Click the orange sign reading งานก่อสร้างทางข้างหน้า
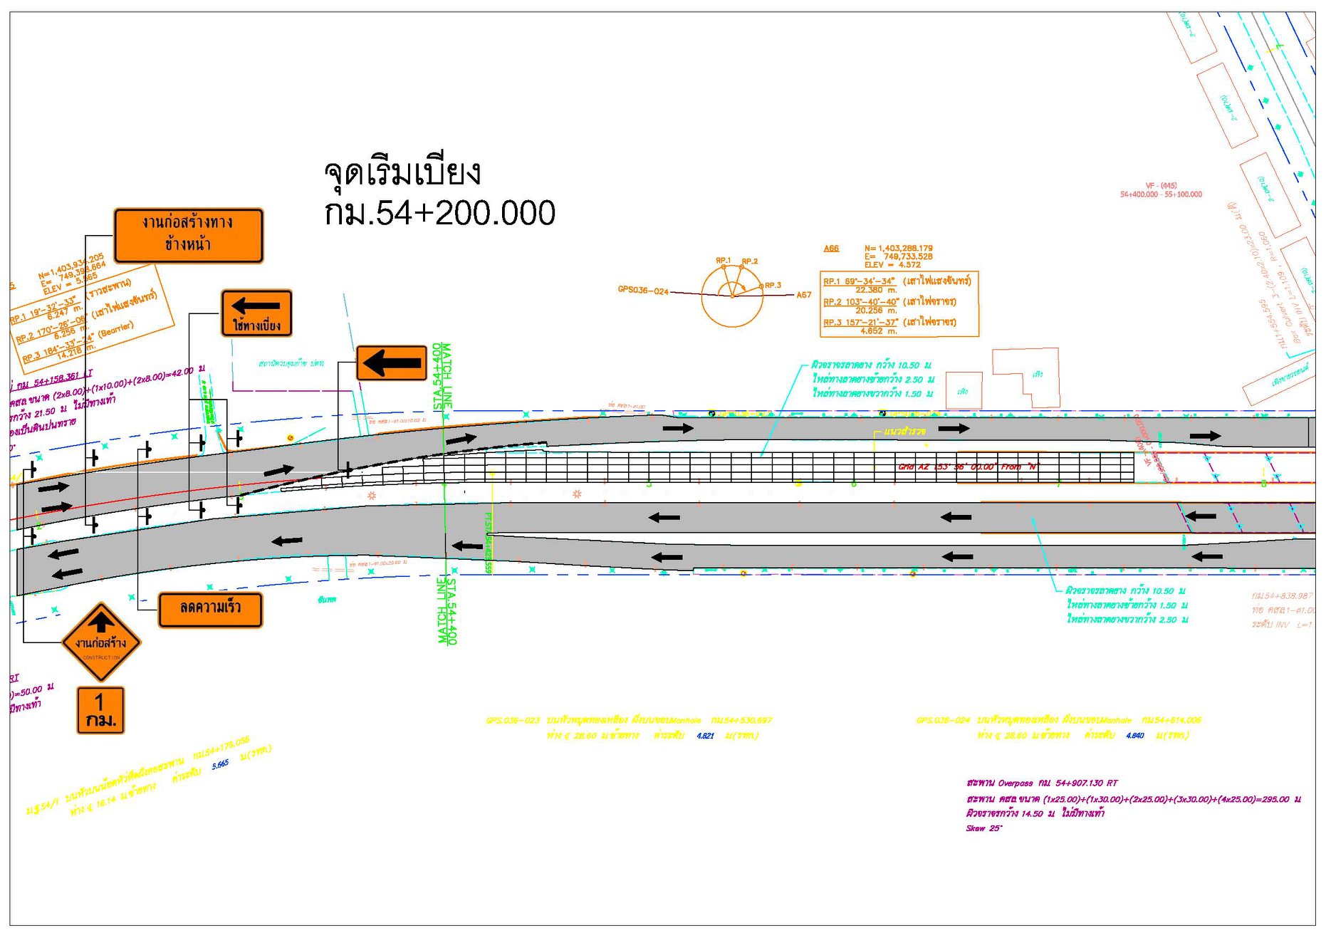coord(188,235)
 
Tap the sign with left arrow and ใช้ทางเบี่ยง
coord(256,313)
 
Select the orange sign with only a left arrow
coord(391,363)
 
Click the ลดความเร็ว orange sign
coord(210,610)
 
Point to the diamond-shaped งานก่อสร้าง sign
coord(101,642)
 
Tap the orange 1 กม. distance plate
coord(100,710)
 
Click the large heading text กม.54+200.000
coord(439,213)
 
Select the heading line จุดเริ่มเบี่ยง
coord(402,172)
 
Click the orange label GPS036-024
coord(642,290)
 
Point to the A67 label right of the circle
coord(803,295)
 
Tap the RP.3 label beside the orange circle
coord(773,285)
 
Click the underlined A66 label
coord(831,249)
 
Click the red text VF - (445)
coord(1161,185)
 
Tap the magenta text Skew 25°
coord(983,828)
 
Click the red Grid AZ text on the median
coord(968,467)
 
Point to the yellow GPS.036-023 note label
coord(512,720)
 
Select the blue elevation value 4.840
coord(1135,736)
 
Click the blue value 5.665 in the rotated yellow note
coord(220,764)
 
